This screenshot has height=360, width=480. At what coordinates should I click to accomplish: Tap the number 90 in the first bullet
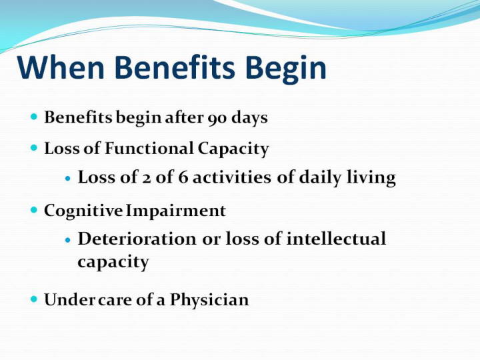[217, 118]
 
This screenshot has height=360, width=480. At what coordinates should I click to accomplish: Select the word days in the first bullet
[249, 118]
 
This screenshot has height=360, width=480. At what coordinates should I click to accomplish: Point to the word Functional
[149, 148]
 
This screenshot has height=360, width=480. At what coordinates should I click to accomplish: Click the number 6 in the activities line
[183, 177]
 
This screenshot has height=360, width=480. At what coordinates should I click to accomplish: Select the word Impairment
[176, 211]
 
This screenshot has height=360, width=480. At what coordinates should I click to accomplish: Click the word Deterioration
[137, 239]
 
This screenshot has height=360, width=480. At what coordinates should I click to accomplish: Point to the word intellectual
[336, 239]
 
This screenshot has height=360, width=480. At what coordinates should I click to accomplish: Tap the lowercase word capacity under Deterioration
[113, 263]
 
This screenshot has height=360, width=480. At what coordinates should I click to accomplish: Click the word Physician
[209, 300]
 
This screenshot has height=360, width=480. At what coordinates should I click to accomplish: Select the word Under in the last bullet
[70, 300]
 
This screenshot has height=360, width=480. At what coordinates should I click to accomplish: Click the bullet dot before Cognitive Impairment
[34, 210]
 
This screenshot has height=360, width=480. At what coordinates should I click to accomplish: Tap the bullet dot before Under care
[34, 299]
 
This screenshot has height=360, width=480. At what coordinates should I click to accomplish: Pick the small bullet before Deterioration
[68, 240]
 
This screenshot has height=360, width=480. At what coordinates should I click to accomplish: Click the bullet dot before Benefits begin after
[34, 117]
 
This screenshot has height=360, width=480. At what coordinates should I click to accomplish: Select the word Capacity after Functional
[233, 149]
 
